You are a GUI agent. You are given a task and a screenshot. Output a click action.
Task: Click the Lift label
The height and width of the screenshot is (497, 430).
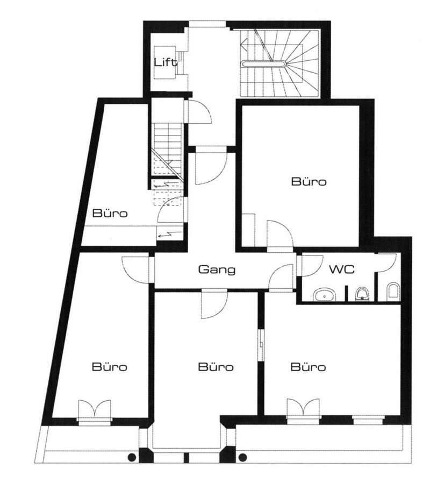pos(166,62)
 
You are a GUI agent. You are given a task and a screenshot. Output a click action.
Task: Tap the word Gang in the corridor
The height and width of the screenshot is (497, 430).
pos(217,270)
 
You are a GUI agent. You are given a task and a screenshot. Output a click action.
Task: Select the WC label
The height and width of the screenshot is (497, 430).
pos(341,270)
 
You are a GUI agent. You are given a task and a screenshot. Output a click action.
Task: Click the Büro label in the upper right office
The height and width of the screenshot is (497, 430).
pos(309,182)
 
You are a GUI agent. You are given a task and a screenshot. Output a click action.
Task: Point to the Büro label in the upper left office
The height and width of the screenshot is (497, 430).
pos(110,213)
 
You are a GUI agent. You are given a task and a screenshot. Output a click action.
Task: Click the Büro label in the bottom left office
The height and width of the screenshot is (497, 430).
pos(109,367)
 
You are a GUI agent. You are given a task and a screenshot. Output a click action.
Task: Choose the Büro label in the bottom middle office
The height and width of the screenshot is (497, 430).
pos(216,367)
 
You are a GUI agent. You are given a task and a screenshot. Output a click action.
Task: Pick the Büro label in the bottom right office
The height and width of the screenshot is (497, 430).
pos(309,367)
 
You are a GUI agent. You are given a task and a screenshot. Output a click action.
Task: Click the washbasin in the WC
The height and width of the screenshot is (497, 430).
pos(324,294)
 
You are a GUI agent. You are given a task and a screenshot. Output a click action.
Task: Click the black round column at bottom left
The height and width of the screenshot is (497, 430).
pos(131,458)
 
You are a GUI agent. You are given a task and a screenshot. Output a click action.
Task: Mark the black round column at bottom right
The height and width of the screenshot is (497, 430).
pos(242,458)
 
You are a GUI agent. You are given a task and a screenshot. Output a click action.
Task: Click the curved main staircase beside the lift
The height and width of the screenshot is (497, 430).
pos(279,63)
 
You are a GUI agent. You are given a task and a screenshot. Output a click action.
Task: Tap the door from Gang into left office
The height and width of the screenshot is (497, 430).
pos(135,269)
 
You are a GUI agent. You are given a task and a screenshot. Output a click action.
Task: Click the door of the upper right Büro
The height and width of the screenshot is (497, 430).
pos(279,235)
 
